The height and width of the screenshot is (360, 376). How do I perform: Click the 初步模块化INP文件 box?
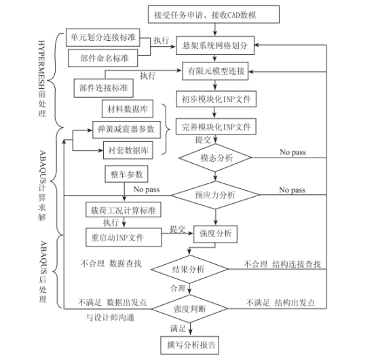click(x=214, y=100)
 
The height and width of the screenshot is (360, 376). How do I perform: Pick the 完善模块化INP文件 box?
click(x=214, y=127)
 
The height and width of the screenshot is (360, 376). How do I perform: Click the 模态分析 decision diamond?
click(x=216, y=157)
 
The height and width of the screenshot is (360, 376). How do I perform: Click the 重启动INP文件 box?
click(x=123, y=238)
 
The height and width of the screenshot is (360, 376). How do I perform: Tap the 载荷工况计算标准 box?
click(x=123, y=209)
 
